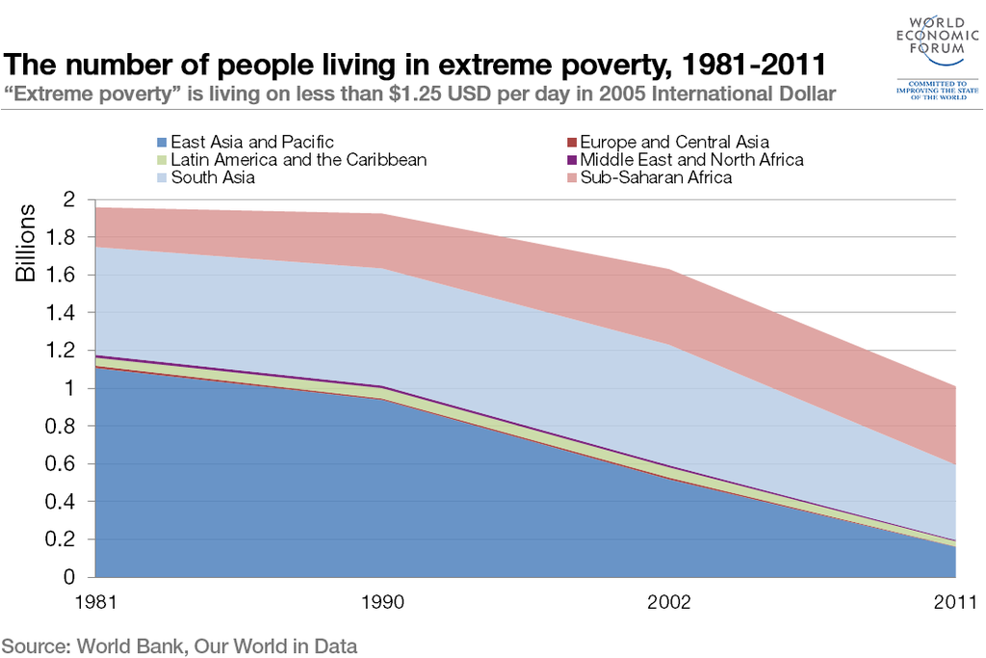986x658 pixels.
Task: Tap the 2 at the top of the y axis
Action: click(68, 199)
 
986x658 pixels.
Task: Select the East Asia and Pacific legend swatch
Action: click(162, 143)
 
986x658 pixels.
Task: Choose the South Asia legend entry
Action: click(213, 177)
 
